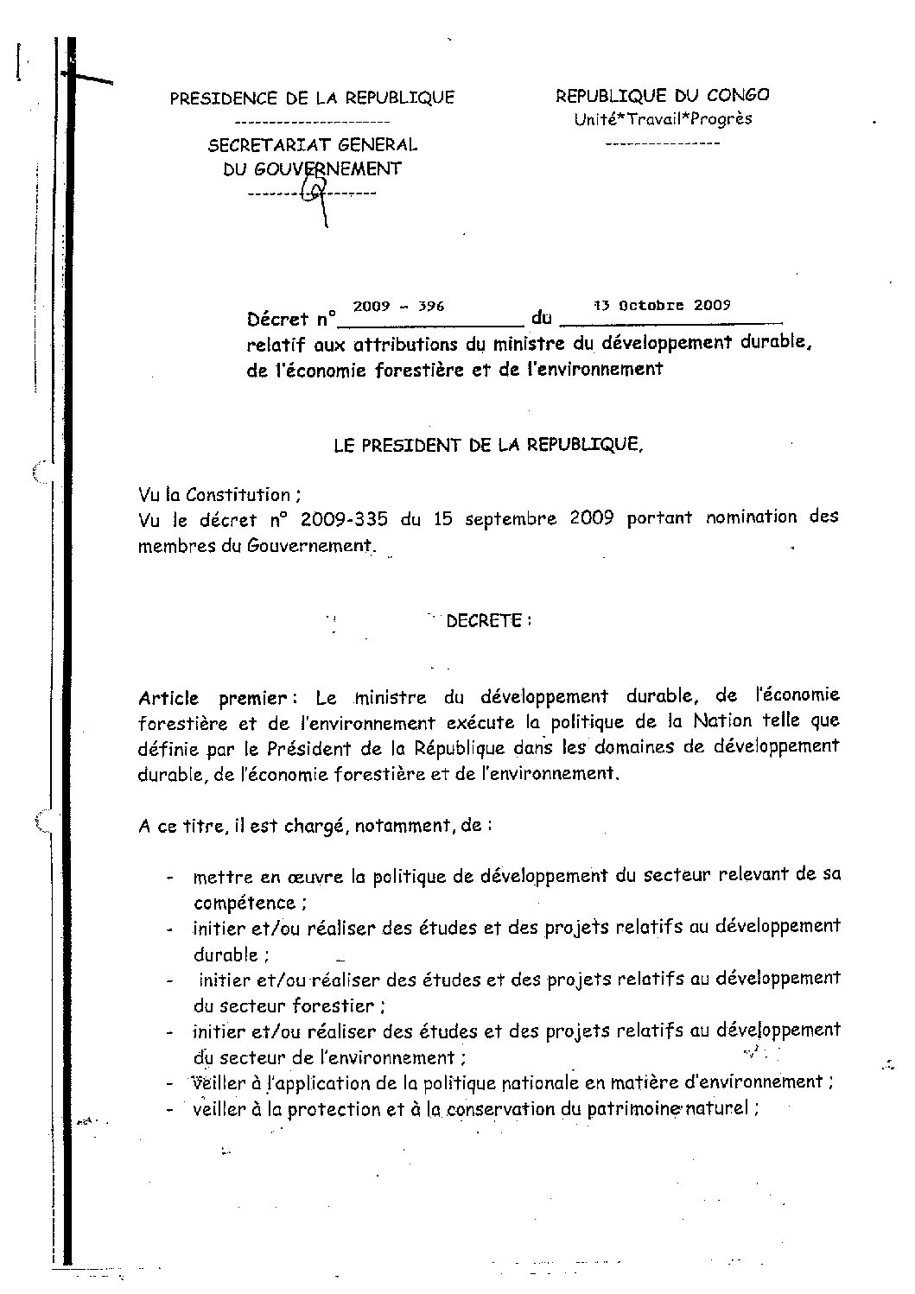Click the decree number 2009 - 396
[x=397, y=307]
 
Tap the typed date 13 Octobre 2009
[x=661, y=305]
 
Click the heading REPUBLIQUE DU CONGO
[x=662, y=96]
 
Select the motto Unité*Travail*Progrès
[x=663, y=119]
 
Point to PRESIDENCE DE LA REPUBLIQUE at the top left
[x=312, y=98]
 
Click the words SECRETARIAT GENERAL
[x=312, y=145]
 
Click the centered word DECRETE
[x=484, y=621]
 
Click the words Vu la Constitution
[x=219, y=495]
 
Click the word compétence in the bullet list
[x=245, y=903]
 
